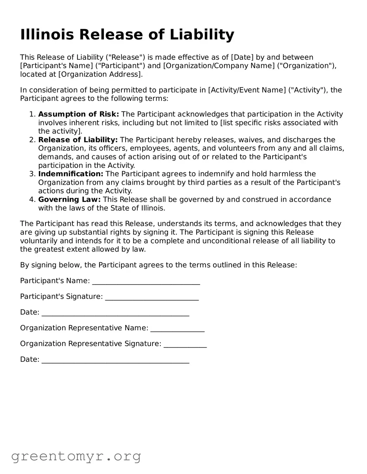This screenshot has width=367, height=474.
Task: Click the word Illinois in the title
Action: pyautogui.click(x=47, y=35)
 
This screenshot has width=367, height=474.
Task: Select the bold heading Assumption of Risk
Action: pyautogui.click(x=79, y=114)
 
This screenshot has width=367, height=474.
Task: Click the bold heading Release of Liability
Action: pyautogui.click(x=78, y=140)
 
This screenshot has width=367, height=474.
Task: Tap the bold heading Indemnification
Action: pyautogui.click(x=71, y=174)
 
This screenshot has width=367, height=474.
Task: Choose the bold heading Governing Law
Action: pyautogui.click(x=69, y=200)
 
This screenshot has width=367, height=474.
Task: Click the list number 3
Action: pyautogui.click(x=32, y=174)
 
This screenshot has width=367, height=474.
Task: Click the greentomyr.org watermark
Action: pyautogui.click(x=76, y=456)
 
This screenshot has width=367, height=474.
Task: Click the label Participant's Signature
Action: pyautogui.click(x=61, y=297)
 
